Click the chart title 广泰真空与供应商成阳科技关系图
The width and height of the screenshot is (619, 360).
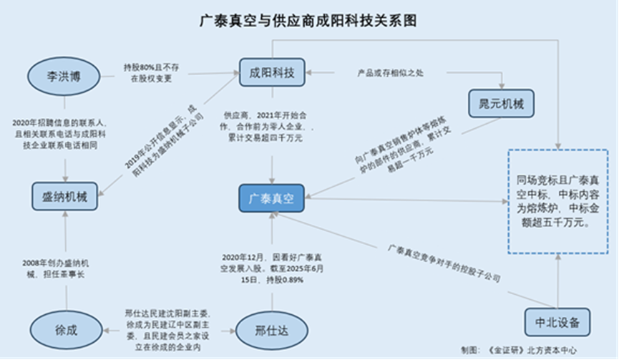point(309,21)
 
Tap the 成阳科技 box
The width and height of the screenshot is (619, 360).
point(271,72)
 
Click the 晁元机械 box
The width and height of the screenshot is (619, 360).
point(501,104)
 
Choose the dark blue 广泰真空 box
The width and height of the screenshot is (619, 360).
point(271,198)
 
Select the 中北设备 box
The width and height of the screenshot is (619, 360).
point(556,321)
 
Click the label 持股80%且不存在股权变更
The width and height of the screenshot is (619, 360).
point(152,73)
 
